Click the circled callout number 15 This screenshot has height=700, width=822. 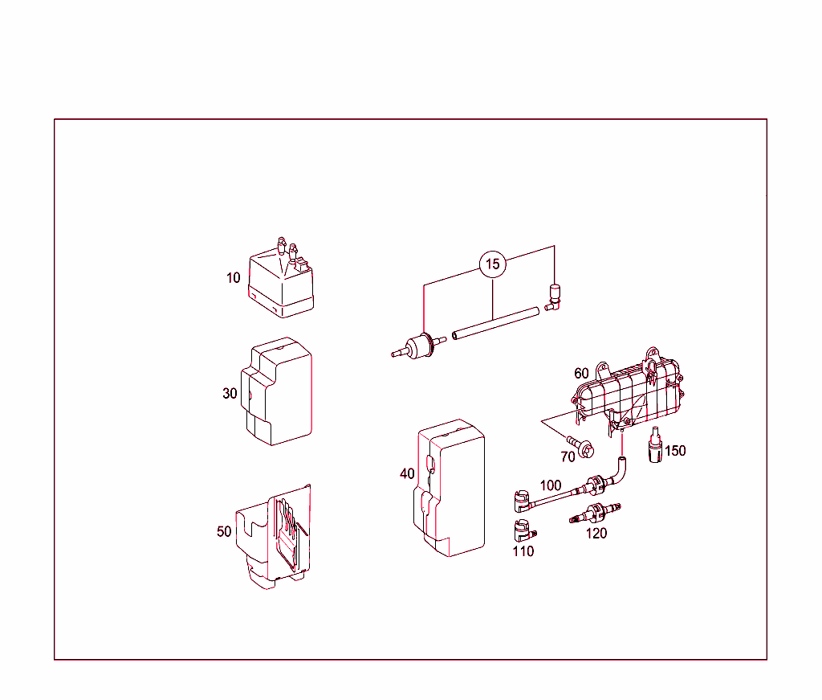pos(493,264)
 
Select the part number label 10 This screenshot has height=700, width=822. pos(233,278)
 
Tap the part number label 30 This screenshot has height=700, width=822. pos(230,394)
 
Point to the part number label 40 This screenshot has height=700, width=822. pos(408,474)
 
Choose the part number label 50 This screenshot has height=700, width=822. pos(224,531)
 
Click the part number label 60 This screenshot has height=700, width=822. pos(582,374)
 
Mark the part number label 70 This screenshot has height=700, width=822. pos(568,456)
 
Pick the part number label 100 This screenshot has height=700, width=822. pos(551,485)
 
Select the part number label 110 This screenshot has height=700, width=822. pos(523,551)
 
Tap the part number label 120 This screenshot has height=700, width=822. pos(596,534)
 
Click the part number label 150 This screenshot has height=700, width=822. pos(675,451)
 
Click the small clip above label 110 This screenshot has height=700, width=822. pos(523,530)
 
